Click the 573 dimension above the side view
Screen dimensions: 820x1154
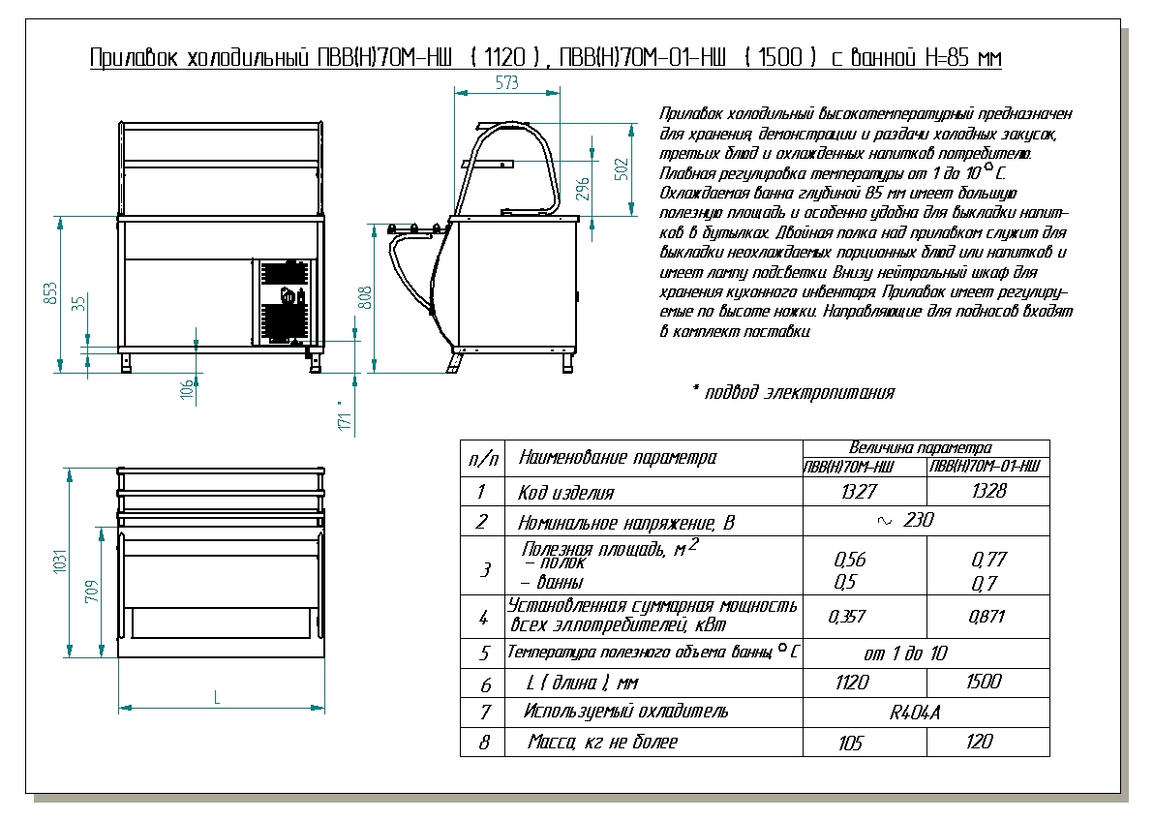click(x=506, y=84)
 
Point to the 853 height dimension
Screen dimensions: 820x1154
click(x=52, y=292)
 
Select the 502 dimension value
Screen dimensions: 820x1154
click(x=623, y=167)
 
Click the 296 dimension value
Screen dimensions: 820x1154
click(x=583, y=185)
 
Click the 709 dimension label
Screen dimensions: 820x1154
click(x=92, y=592)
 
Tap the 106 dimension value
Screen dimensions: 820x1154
click(x=187, y=389)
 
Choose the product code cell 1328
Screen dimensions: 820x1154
click(x=987, y=491)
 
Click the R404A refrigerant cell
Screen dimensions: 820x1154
click(x=915, y=714)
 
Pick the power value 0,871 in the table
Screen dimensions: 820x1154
click(x=987, y=617)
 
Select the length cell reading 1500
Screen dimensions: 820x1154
click(x=984, y=683)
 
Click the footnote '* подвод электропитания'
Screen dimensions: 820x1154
click(x=793, y=392)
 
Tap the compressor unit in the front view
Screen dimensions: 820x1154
click(x=285, y=301)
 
